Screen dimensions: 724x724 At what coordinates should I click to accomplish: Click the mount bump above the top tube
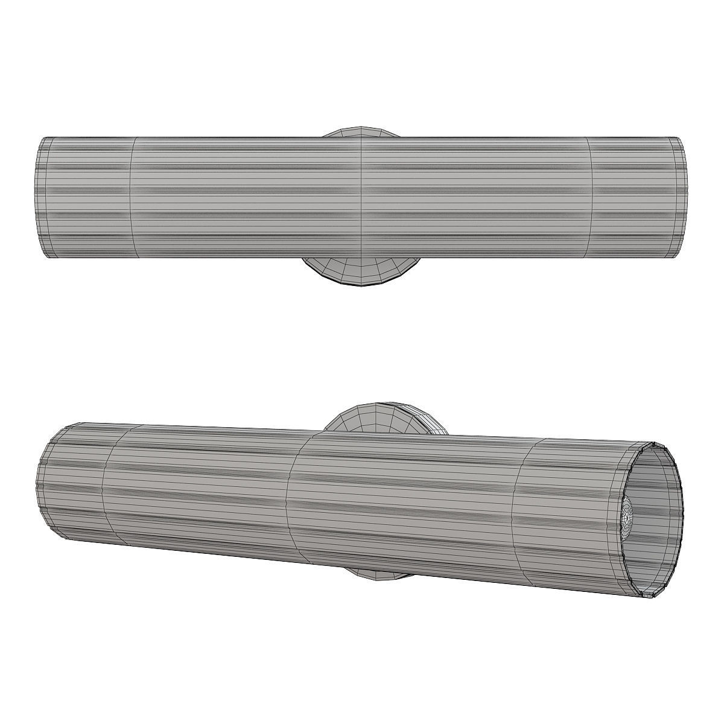[360, 132]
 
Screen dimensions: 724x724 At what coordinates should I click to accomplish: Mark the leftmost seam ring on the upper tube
[132, 198]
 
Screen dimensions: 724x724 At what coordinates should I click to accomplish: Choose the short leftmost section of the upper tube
[87, 198]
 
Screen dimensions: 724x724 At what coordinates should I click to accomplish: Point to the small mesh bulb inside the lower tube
[627, 519]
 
